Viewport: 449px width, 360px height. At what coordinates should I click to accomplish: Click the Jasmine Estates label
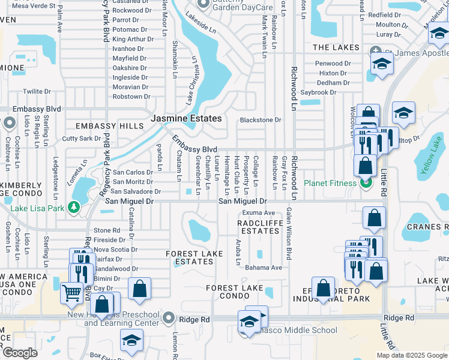point(186,119)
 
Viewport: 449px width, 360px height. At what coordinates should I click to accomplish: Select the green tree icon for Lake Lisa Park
point(74,208)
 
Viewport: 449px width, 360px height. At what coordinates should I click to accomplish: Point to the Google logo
point(20,353)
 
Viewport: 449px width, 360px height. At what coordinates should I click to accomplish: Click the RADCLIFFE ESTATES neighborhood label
point(258,226)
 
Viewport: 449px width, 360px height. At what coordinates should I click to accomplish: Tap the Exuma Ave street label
point(258,213)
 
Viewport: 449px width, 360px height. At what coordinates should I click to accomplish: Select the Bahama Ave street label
point(267,268)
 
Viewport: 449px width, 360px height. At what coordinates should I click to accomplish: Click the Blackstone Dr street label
point(261,120)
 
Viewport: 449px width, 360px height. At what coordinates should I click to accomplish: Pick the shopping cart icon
point(71,293)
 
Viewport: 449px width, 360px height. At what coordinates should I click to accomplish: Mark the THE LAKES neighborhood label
point(336,47)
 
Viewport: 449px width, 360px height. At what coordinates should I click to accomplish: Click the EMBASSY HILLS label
point(109,126)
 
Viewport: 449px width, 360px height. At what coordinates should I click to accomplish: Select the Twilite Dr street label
point(37,91)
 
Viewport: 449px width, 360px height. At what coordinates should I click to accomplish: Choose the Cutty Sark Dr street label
point(82,138)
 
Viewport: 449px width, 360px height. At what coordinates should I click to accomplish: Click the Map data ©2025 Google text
point(412,355)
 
